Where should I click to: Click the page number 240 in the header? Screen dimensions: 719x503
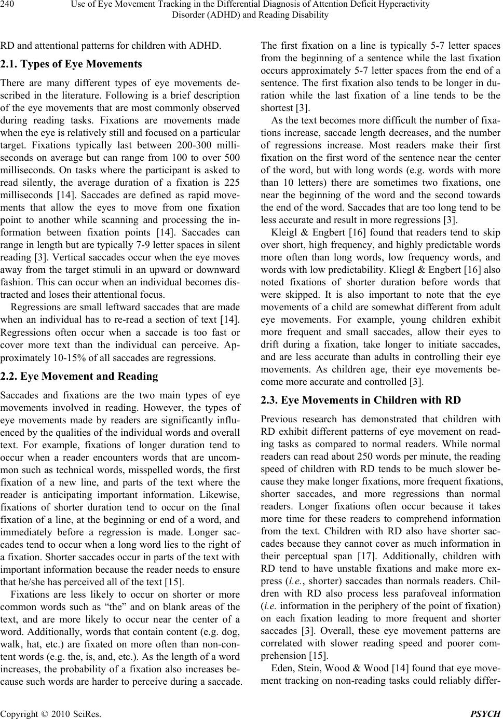point(7,5)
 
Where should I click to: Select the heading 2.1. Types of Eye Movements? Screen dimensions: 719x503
point(71,64)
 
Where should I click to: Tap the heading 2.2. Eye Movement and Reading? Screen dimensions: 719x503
point(79,376)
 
